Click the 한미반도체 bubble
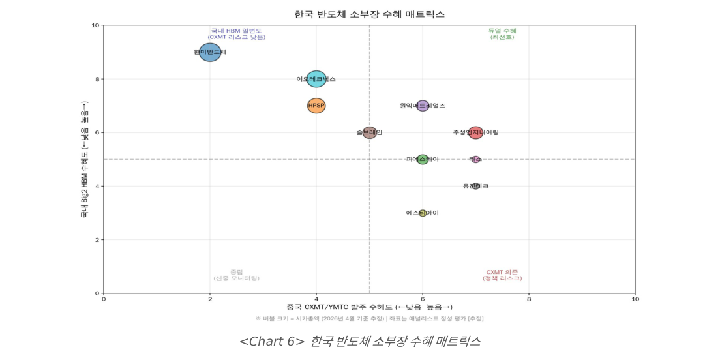(210, 52)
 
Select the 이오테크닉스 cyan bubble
(316, 79)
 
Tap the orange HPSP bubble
(316, 106)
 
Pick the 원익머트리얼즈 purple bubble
(423, 106)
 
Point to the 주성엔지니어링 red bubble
(475, 132)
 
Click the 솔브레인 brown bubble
(370, 132)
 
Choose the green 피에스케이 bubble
(423, 159)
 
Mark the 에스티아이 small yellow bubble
(423, 213)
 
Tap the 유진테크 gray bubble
(475, 186)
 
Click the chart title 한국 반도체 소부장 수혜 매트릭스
(369, 14)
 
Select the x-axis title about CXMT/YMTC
(369, 307)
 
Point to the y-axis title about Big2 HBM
(84, 159)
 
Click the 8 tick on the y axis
(96, 79)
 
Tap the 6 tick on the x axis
(423, 299)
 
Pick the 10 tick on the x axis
(635, 299)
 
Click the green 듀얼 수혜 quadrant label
(502, 34)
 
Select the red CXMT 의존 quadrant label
(502, 275)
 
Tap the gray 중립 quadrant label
(236, 275)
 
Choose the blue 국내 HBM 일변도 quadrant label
(236, 34)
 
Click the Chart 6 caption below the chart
(360, 341)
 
